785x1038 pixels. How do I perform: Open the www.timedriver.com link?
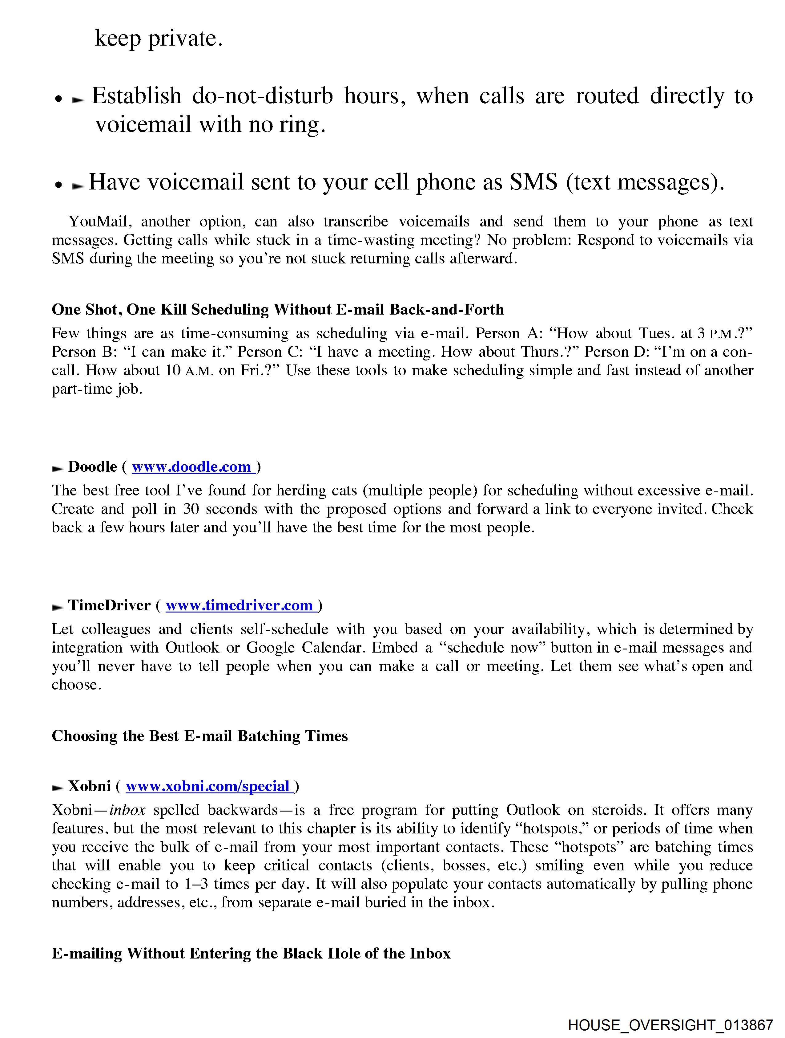[239, 605]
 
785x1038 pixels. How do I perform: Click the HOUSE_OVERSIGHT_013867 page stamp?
[670, 1024]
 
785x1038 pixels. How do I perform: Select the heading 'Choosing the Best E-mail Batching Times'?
[200, 736]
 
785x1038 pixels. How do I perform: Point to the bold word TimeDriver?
[109, 605]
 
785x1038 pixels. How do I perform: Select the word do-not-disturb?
[263, 96]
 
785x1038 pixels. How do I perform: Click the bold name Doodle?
[92, 467]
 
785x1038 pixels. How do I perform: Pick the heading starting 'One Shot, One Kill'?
[278, 310]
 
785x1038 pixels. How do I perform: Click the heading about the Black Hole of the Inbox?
[251, 954]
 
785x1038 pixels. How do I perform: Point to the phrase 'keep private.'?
[159, 38]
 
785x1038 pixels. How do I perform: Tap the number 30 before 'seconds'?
[191, 509]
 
